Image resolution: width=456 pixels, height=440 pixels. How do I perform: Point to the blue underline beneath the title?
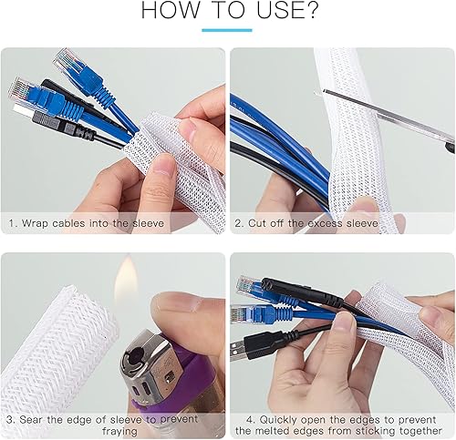226,31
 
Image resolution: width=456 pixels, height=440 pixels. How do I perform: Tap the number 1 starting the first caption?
11,220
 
